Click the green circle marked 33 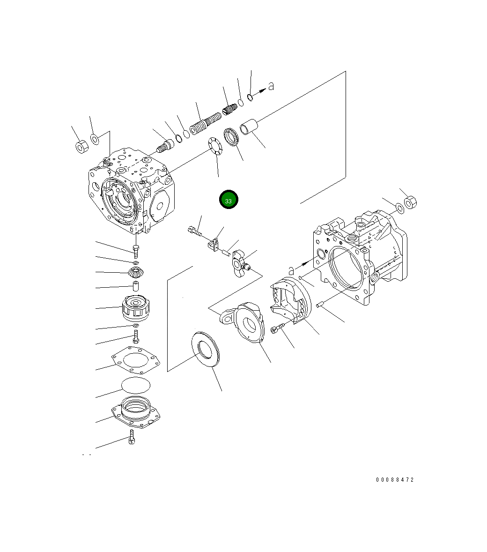[x=229, y=200]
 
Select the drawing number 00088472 [x=395, y=480]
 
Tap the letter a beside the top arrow [x=270, y=86]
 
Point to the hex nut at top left [x=80, y=147]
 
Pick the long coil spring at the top [x=205, y=123]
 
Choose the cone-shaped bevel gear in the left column [x=135, y=271]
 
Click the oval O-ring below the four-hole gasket [x=136, y=384]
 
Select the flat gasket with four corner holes [x=135, y=361]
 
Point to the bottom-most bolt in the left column [x=132, y=438]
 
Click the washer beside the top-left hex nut [x=95, y=139]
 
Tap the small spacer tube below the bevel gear [x=135, y=286]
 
